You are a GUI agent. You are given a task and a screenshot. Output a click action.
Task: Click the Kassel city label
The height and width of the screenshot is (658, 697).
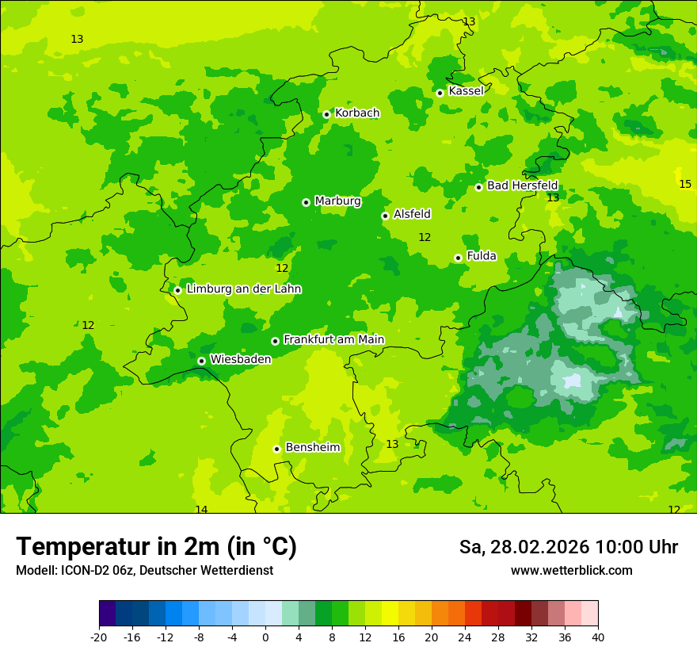coord(466,91)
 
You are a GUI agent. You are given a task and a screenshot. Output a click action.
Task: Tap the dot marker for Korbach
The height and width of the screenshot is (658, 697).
coord(326,114)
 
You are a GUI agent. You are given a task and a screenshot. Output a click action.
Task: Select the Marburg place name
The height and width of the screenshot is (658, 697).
coord(337,201)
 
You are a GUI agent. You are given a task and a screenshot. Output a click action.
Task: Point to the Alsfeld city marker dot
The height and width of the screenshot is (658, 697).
coord(385,216)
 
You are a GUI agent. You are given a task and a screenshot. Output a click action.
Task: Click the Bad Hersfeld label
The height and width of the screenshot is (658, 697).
coord(522,186)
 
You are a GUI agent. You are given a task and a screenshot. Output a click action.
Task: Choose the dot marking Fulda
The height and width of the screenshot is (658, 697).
coord(458,258)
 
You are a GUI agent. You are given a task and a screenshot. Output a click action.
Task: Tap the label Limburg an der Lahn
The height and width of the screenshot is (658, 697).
coord(243,289)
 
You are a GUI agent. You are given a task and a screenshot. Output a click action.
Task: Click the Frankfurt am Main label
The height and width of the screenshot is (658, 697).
coord(333,340)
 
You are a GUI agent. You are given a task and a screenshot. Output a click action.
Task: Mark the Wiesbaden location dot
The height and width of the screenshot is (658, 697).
coord(201,361)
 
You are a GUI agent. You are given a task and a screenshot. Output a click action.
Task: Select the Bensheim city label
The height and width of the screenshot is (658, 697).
coord(312,448)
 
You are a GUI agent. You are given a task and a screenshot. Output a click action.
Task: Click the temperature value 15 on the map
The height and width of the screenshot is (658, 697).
coord(685,184)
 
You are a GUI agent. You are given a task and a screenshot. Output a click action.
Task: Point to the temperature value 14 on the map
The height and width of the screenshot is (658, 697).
coord(201,510)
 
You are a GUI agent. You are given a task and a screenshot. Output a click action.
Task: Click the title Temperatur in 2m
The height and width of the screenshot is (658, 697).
coord(156,547)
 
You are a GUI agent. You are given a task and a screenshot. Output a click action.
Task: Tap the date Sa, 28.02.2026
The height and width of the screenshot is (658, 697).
coord(523,548)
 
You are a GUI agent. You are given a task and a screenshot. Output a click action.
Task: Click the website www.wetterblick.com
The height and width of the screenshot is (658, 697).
coord(571,571)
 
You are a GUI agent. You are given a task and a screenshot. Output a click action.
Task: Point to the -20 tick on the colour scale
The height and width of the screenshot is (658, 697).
coord(99,637)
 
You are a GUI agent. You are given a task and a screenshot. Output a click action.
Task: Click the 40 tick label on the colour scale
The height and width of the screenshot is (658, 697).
coord(598,637)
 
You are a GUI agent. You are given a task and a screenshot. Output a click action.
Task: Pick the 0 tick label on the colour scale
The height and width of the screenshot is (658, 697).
coord(265,637)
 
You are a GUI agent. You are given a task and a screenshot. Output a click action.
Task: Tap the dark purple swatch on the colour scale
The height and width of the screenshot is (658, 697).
coord(107,614)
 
